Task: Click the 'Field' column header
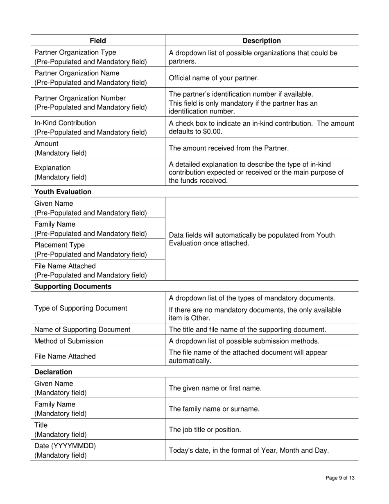(98, 41)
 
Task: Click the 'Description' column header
(262, 41)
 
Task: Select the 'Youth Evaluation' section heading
(63, 192)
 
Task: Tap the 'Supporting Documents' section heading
(73, 286)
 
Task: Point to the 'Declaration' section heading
(53, 372)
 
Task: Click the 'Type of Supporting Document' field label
(81, 308)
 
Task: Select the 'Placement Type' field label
(60, 245)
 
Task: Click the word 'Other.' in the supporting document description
(200, 318)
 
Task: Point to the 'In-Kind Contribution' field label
(66, 123)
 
